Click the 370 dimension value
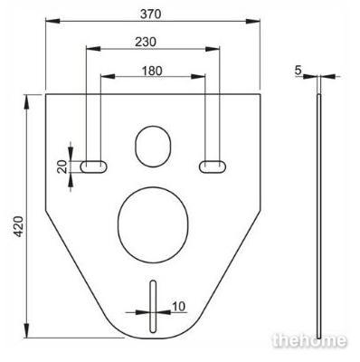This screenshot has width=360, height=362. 150,14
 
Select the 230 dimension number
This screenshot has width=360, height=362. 146,42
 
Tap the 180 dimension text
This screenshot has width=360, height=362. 152,71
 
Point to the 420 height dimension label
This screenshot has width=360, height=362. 19,226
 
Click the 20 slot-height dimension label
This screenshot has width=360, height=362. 62,167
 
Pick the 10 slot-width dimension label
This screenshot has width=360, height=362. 178,306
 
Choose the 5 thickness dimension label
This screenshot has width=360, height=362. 298,71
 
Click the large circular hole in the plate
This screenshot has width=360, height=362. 153,225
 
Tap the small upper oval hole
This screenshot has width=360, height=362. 153,147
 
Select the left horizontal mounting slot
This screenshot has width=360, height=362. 93,167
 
